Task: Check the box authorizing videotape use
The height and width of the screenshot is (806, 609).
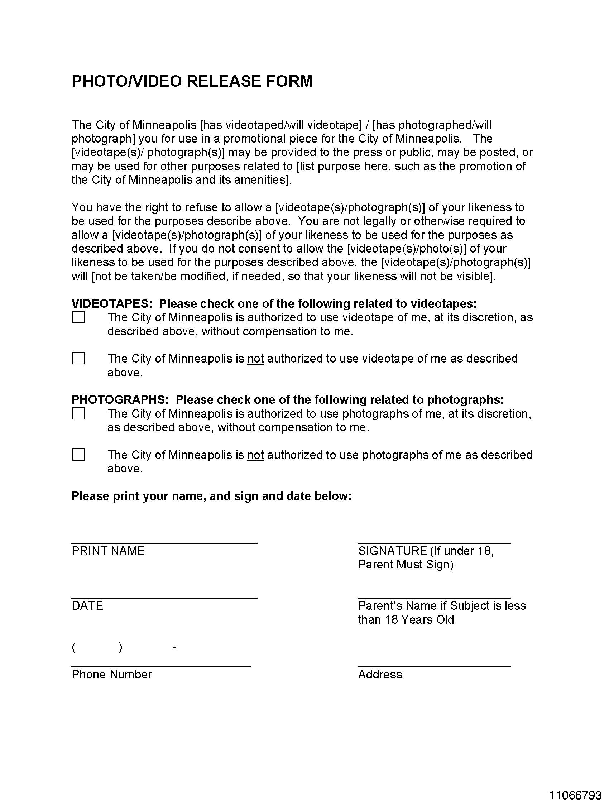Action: click(78, 317)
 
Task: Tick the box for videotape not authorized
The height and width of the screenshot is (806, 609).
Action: click(78, 358)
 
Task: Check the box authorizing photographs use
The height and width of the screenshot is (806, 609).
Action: click(78, 413)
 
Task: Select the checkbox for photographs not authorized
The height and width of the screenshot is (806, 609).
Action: click(78, 454)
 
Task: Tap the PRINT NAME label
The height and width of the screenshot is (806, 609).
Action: click(108, 551)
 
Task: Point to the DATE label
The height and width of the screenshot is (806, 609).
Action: click(87, 606)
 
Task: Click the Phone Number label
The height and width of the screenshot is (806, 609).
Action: click(111, 675)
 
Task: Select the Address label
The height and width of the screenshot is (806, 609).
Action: click(380, 675)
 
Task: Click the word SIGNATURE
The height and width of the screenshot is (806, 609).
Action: click(393, 551)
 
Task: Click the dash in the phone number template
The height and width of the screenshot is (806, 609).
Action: click(174, 648)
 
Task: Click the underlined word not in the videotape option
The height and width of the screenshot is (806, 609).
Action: click(255, 359)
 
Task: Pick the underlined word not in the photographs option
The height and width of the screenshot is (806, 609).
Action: click(255, 455)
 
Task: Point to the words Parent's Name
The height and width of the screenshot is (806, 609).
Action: click(398, 606)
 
